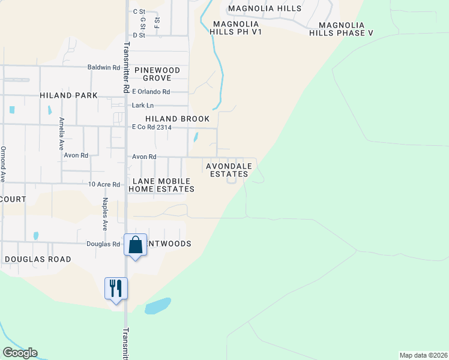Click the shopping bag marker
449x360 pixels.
pos(135,245)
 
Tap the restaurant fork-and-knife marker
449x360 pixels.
pos(116,289)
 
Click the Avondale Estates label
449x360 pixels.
pos(228,170)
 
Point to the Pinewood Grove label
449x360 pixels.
pos(157,74)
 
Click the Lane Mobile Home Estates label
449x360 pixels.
pos(162,185)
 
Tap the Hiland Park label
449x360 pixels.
pos(68,95)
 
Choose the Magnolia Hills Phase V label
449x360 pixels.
pos(341,29)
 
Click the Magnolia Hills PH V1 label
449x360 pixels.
pos(237,28)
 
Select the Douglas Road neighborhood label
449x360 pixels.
pos(38,259)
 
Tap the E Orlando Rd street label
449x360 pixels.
pos(151,92)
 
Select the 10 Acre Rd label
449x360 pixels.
pos(104,184)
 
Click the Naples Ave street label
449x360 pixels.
pos(104,214)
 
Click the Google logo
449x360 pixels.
pos(20,353)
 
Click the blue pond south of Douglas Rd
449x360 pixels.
pos(158,306)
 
